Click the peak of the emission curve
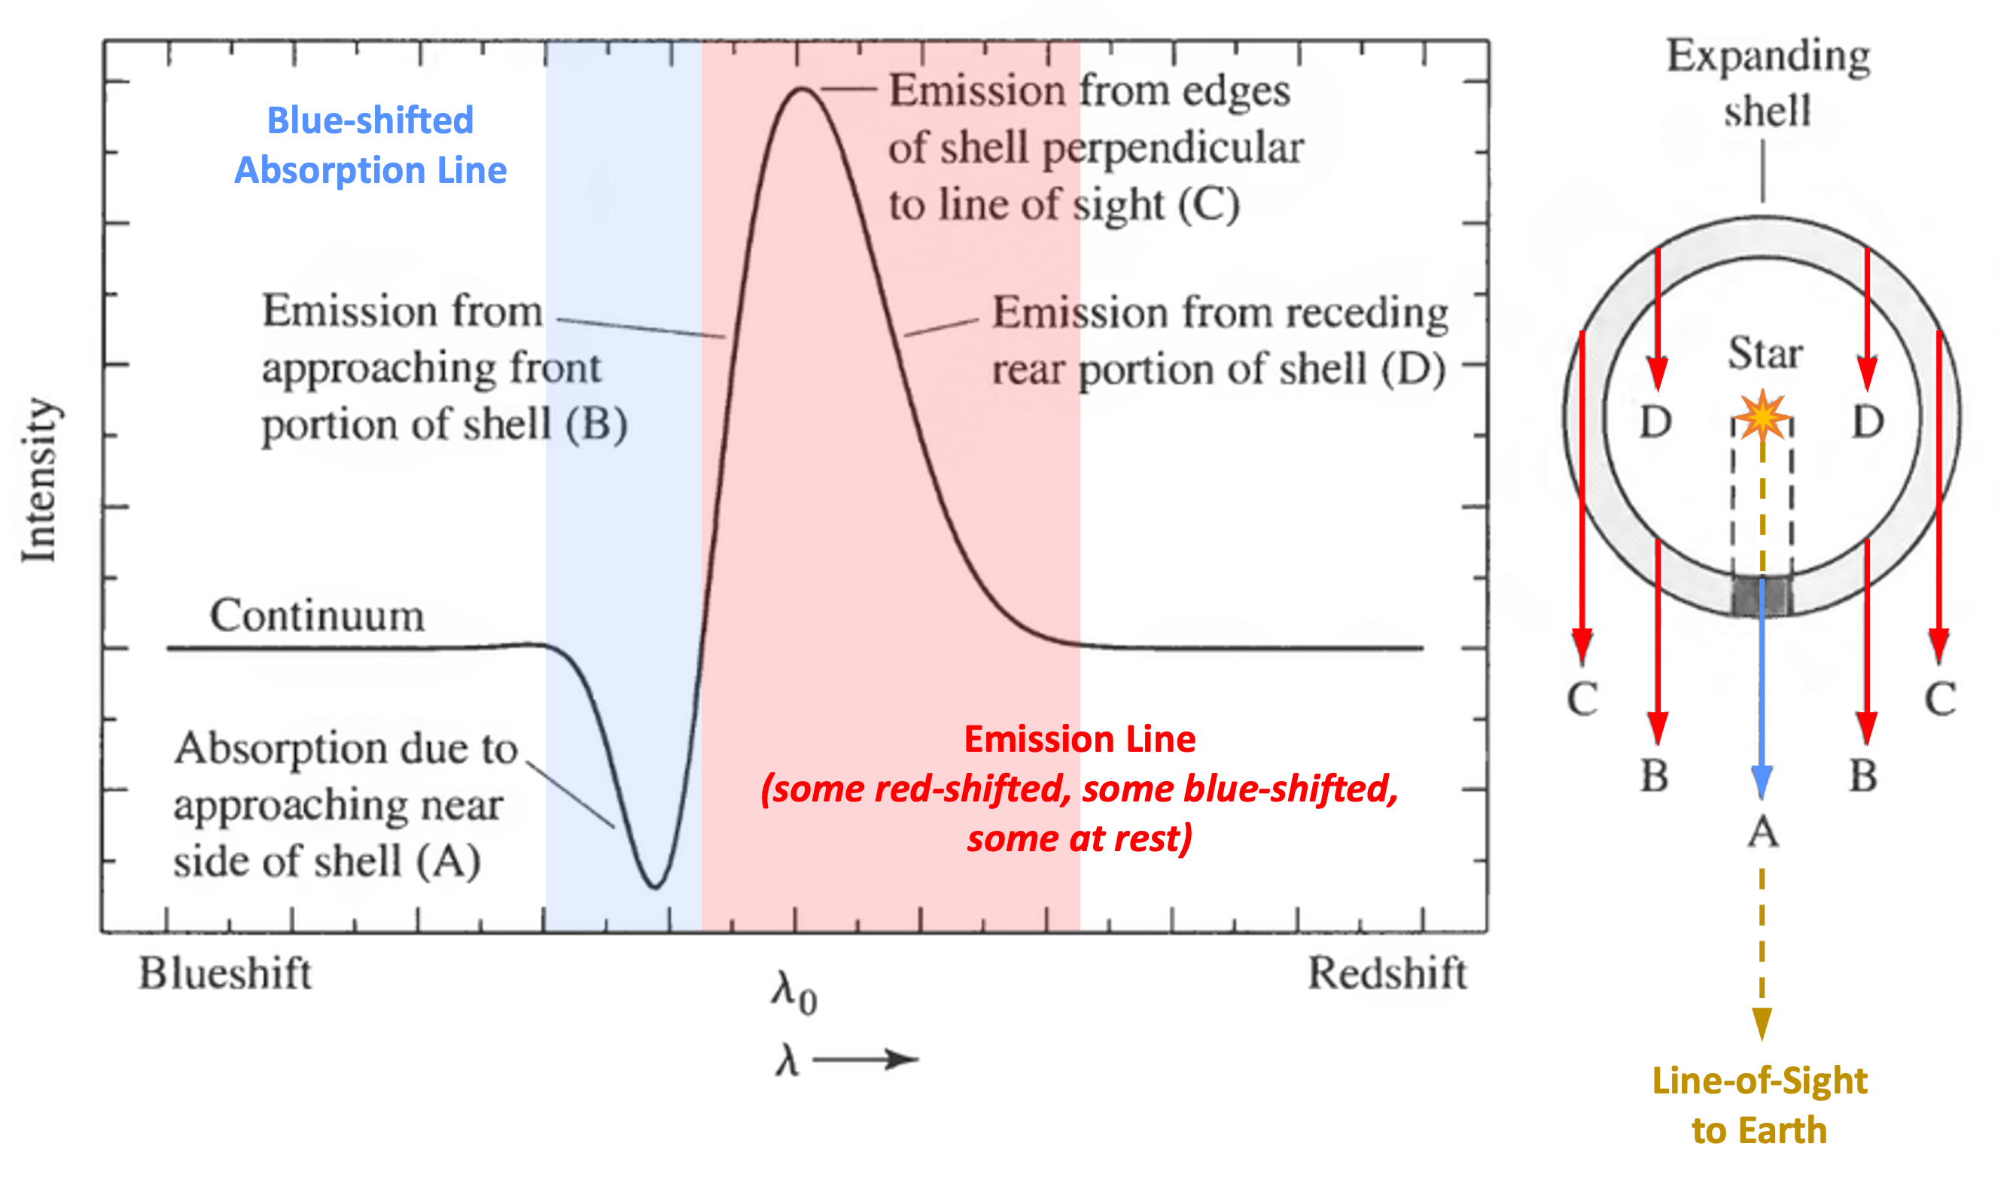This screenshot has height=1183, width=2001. pyautogui.click(x=800, y=90)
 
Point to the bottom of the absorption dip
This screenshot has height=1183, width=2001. pyautogui.click(x=655, y=885)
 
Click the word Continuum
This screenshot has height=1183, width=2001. pyautogui.click(x=316, y=616)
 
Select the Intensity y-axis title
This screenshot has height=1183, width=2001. pyautogui.click(x=39, y=481)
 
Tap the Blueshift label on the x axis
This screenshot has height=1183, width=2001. pyautogui.click(x=225, y=973)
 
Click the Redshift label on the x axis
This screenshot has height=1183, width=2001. pyautogui.click(x=1387, y=973)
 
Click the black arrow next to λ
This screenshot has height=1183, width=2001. pyautogui.click(x=866, y=1060)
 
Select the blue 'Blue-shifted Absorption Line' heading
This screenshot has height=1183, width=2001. pyautogui.click(x=370, y=145)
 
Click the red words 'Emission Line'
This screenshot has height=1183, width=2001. pyautogui.click(x=1080, y=739)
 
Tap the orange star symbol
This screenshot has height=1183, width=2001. pyautogui.click(x=1762, y=415)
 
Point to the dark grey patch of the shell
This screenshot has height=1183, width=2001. pyautogui.click(x=1762, y=595)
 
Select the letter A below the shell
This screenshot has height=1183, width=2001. pyautogui.click(x=1762, y=834)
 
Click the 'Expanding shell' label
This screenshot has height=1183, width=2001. pyautogui.click(x=1768, y=83)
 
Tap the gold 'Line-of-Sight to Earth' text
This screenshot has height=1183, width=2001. pyautogui.click(x=1759, y=1105)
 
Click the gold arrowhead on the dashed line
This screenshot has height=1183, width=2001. pyautogui.click(x=1762, y=1023)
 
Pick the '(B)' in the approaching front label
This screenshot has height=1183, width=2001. pyautogui.click(x=596, y=424)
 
